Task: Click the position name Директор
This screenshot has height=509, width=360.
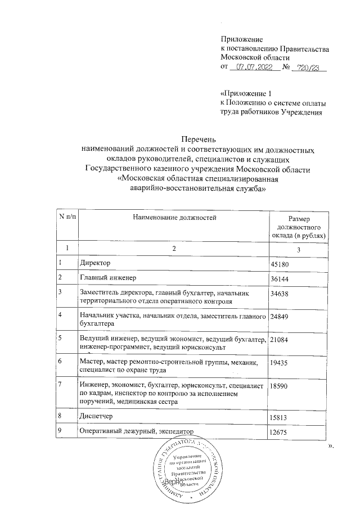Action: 96,263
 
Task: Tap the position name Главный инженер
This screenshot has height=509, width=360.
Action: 108,278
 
